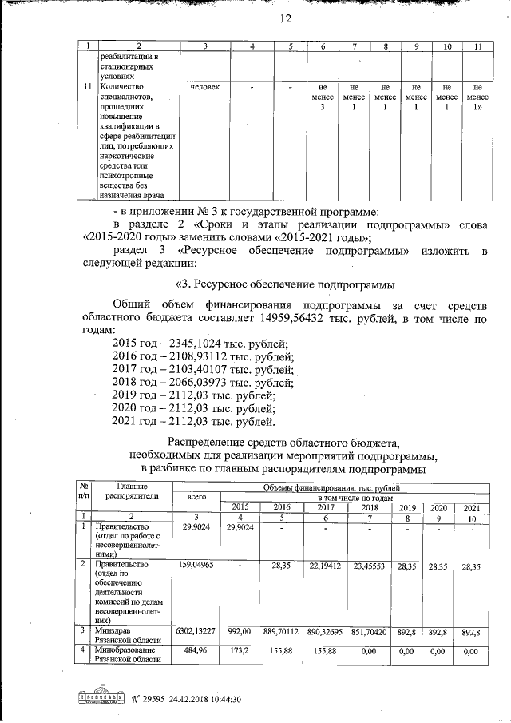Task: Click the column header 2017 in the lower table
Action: pyautogui.click(x=326, y=507)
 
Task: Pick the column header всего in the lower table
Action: pyautogui.click(x=196, y=496)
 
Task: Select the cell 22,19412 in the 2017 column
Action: pyautogui.click(x=326, y=566)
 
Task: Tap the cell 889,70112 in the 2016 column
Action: pyautogui.click(x=280, y=631)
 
